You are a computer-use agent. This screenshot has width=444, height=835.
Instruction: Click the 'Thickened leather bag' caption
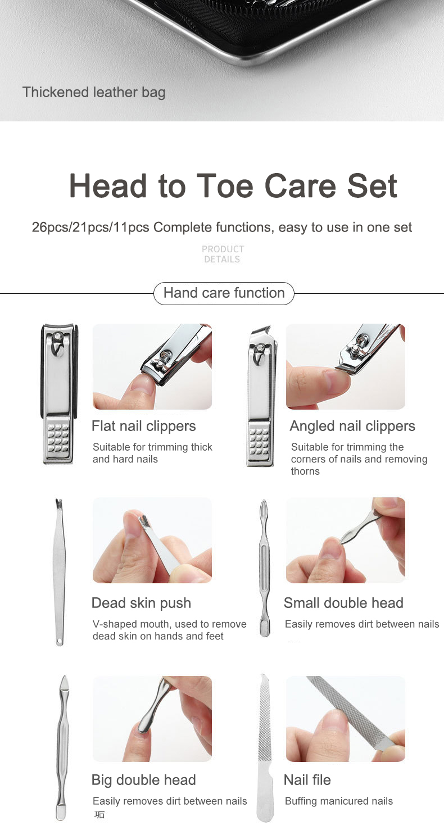(x=94, y=92)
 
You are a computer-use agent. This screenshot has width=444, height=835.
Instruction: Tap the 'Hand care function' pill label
(x=224, y=293)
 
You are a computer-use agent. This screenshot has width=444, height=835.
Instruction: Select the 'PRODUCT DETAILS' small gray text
(x=223, y=254)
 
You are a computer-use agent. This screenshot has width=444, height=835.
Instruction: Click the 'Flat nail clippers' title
(x=144, y=426)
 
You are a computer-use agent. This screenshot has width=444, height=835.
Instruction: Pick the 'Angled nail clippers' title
(x=352, y=426)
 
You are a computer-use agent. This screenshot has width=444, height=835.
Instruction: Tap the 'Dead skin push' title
(x=141, y=603)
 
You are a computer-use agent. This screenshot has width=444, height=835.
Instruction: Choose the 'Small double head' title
(x=343, y=603)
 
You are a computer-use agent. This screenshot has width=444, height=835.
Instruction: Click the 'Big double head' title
(x=143, y=780)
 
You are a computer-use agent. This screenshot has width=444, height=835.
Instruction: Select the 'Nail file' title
(x=307, y=780)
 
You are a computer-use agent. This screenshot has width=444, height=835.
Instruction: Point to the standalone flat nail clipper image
(x=59, y=393)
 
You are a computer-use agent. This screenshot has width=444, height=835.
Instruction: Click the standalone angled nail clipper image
(x=261, y=396)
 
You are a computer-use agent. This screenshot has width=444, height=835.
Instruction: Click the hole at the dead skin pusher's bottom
(x=59, y=641)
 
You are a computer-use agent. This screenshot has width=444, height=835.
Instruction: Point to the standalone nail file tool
(x=264, y=747)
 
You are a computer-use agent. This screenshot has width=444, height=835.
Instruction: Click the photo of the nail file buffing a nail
(x=345, y=719)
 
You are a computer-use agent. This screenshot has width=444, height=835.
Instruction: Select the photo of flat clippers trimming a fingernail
(x=152, y=366)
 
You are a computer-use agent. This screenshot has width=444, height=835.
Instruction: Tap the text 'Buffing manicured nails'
(x=338, y=801)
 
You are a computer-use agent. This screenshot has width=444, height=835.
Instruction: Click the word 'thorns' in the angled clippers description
(x=305, y=471)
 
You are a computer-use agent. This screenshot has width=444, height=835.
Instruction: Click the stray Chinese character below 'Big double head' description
(x=99, y=815)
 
